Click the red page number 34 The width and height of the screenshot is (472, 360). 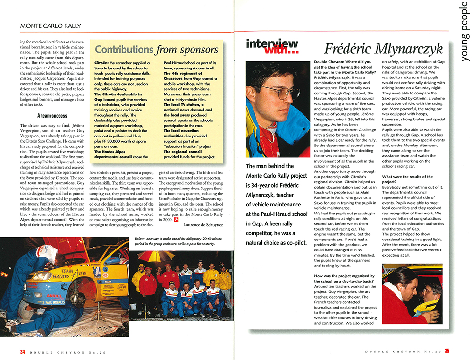pos(22,351)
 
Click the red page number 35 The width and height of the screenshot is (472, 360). pos(447,351)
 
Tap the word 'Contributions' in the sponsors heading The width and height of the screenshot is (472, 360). pos(124,50)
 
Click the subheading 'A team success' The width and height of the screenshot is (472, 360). pos(52,115)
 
